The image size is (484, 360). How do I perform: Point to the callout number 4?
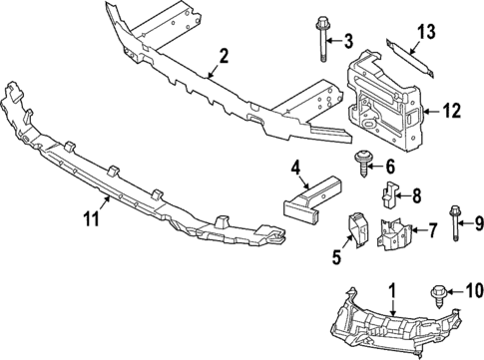pyautogui.click(x=296, y=166)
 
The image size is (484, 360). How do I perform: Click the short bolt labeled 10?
pyautogui.click(x=439, y=322)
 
